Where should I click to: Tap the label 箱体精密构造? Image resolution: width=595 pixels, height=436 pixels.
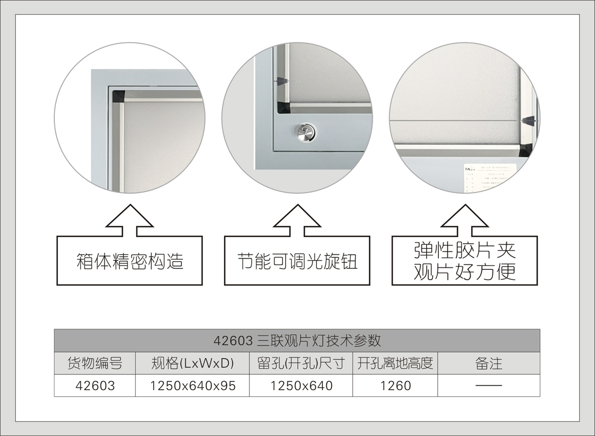click(x=129, y=261)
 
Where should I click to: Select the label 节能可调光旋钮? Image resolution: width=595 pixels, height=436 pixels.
click(x=297, y=261)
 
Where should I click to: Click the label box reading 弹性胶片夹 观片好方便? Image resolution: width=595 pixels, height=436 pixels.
click(x=465, y=261)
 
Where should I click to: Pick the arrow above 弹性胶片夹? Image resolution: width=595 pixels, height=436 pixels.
click(x=465, y=221)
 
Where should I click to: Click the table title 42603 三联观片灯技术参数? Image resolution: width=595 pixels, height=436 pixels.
click(x=297, y=340)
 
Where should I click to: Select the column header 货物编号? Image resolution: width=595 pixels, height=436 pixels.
click(x=95, y=363)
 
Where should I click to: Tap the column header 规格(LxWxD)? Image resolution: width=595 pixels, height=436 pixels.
click(x=192, y=363)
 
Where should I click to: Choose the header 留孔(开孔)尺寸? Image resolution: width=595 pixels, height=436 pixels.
click(x=301, y=363)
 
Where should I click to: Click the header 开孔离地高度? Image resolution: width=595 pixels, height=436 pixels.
click(x=395, y=363)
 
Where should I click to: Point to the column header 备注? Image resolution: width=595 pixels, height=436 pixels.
click(x=489, y=363)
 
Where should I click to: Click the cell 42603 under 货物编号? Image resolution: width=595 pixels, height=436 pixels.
click(x=95, y=386)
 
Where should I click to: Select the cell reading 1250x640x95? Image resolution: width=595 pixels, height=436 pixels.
click(x=192, y=386)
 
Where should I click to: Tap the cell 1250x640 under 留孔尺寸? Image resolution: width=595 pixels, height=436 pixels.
click(x=301, y=386)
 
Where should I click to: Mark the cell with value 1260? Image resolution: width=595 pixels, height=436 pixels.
click(x=395, y=386)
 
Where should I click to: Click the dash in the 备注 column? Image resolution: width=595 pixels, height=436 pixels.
click(x=489, y=386)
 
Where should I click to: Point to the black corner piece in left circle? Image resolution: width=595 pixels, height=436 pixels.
click(x=118, y=96)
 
